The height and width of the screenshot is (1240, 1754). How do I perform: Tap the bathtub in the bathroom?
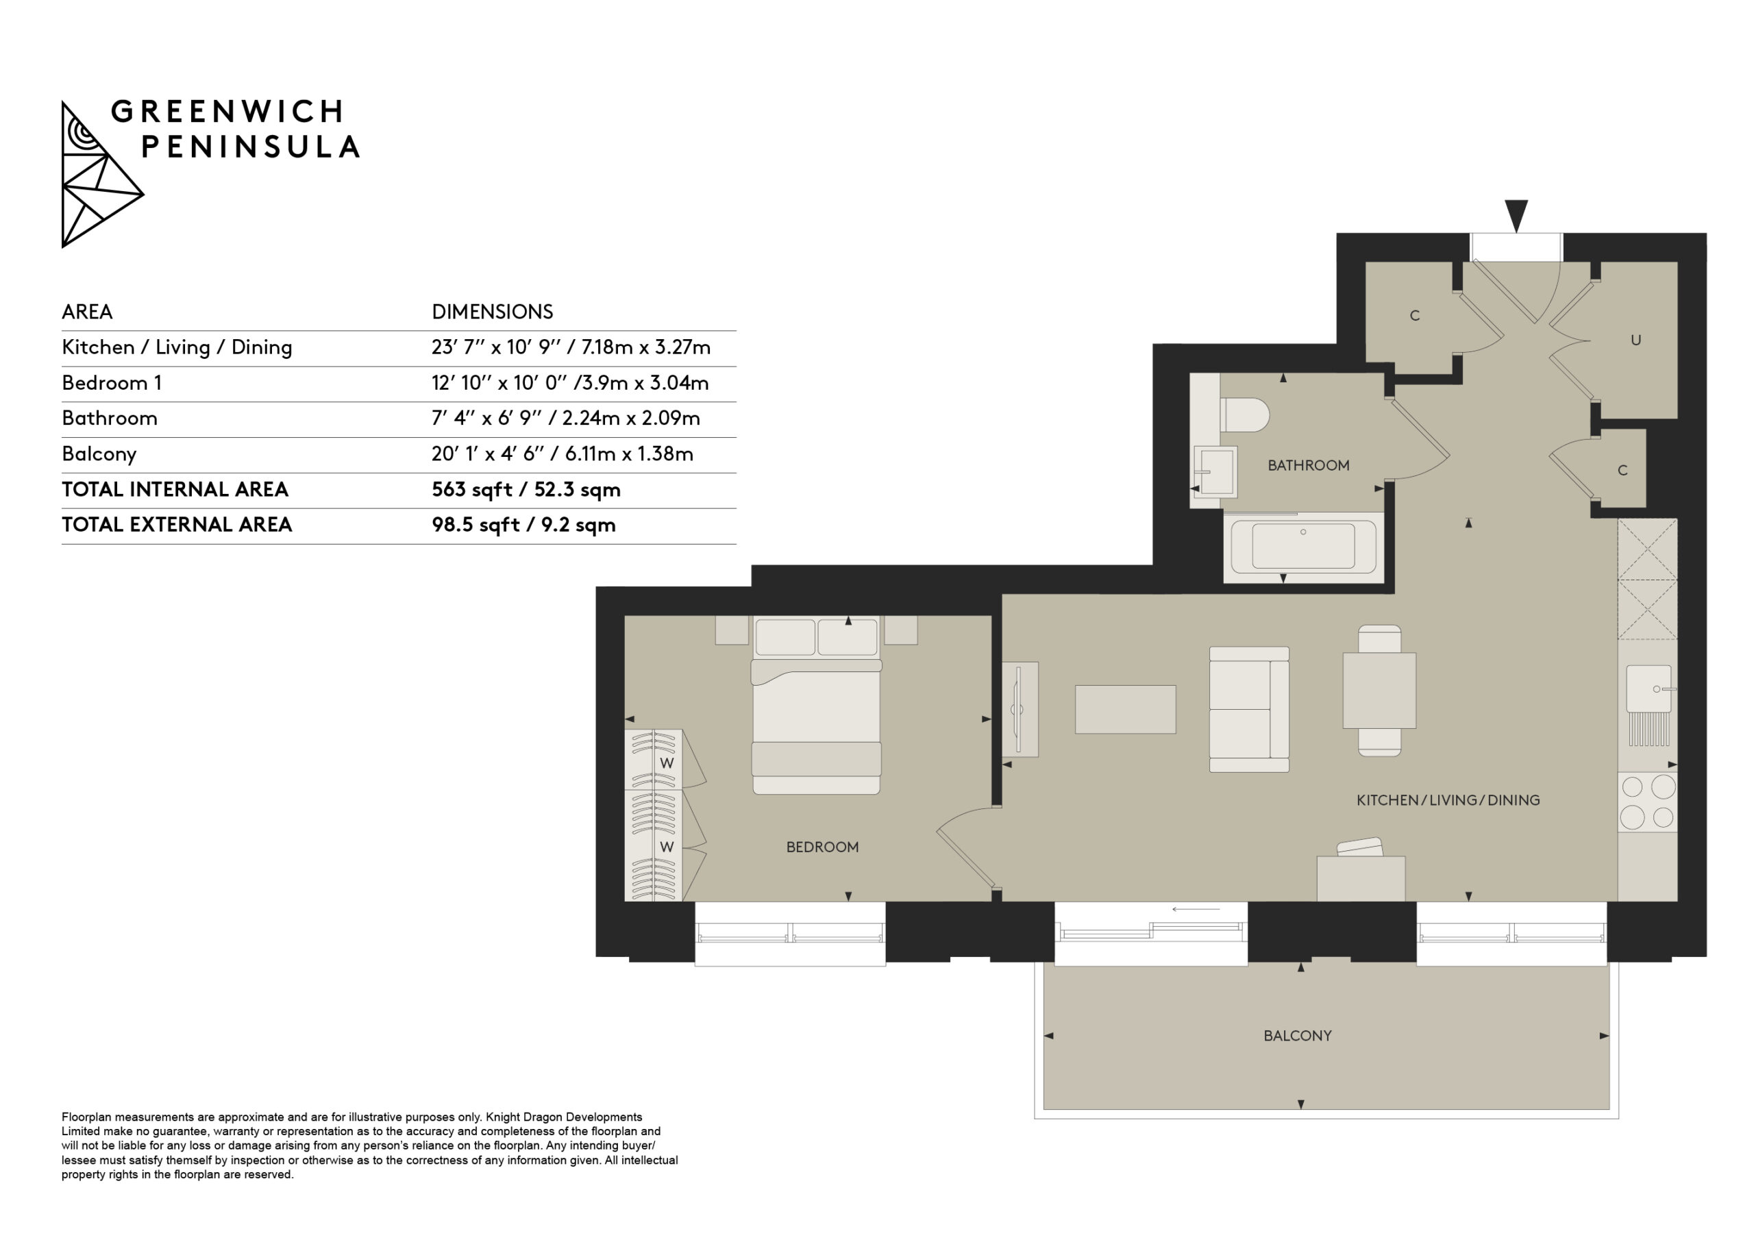[x=1303, y=547]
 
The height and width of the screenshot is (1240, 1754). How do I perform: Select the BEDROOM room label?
[x=822, y=847]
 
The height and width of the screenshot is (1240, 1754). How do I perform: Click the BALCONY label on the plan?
[x=1297, y=1035]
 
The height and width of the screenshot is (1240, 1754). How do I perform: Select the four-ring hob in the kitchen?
[x=1647, y=802]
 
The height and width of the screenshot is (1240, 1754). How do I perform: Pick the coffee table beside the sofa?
[x=1125, y=709]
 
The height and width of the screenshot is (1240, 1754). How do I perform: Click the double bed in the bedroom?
[x=816, y=705]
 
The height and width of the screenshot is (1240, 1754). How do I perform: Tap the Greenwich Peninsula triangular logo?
[x=101, y=175]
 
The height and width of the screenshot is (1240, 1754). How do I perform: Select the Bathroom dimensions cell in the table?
[x=565, y=419]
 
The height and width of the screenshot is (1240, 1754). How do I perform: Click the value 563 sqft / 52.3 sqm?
[x=526, y=490]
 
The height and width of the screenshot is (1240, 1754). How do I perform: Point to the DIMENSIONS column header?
[x=492, y=312]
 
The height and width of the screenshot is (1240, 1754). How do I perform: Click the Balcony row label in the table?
[x=99, y=454]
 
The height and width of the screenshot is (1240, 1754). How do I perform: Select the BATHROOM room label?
[x=1308, y=465]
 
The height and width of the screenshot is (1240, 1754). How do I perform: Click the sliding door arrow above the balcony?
[x=1196, y=909]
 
